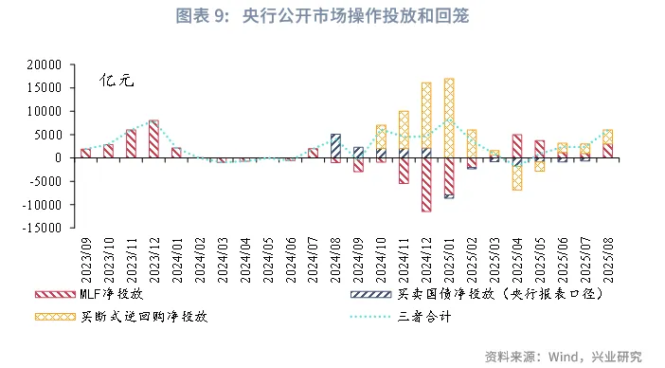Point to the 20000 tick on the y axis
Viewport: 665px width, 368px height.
(x=46, y=64)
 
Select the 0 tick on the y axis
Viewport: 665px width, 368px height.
(x=59, y=157)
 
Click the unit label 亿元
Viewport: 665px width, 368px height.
(x=117, y=81)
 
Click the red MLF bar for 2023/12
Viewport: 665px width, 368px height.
(x=153, y=139)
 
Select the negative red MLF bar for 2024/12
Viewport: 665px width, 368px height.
(x=426, y=184)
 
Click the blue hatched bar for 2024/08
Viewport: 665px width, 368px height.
(x=335, y=146)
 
